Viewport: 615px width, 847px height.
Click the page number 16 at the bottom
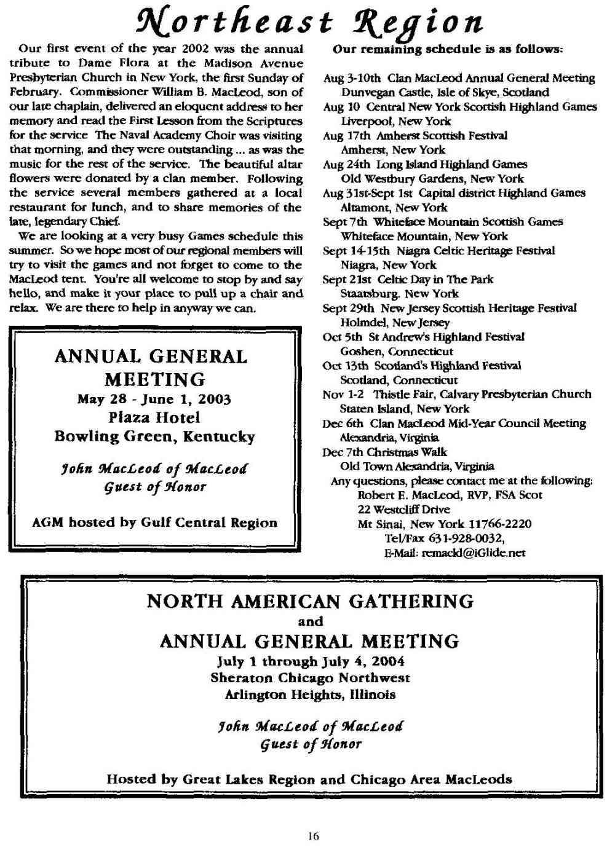pyautogui.click(x=314, y=835)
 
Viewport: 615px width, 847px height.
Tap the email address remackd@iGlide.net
pyautogui.click(x=454, y=553)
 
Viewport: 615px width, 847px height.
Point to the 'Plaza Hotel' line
pyautogui.click(x=154, y=418)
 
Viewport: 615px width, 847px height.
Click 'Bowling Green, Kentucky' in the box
pyautogui.click(x=154, y=437)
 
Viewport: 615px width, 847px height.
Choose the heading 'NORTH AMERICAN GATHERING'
pyautogui.click(x=310, y=601)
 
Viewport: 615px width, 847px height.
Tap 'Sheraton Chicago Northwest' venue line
pyautogui.click(x=310, y=678)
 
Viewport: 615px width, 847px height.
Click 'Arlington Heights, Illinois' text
pyautogui.click(x=310, y=695)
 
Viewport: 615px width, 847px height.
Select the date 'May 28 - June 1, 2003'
pyautogui.click(x=154, y=400)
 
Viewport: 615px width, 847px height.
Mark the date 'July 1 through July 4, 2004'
pyautogui.click(x=310, y=661)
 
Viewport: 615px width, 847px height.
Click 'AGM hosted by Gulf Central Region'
pyautogui.click(x=154, y=523)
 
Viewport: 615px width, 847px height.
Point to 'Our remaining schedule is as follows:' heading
pyautogui.click(x=448, y=49)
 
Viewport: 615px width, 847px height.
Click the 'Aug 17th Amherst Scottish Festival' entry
pyautogui.click(x=415, y=135)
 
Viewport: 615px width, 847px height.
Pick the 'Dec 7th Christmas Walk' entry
pyautogui.click(x=385, y=452)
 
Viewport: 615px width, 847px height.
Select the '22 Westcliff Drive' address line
pyautogui.click(x=403, y=509)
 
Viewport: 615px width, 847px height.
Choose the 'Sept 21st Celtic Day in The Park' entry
pyautogui.click(x=408, y=279)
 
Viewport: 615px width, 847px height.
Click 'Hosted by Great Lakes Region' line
pyautogui.click(x=309, y=779)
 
